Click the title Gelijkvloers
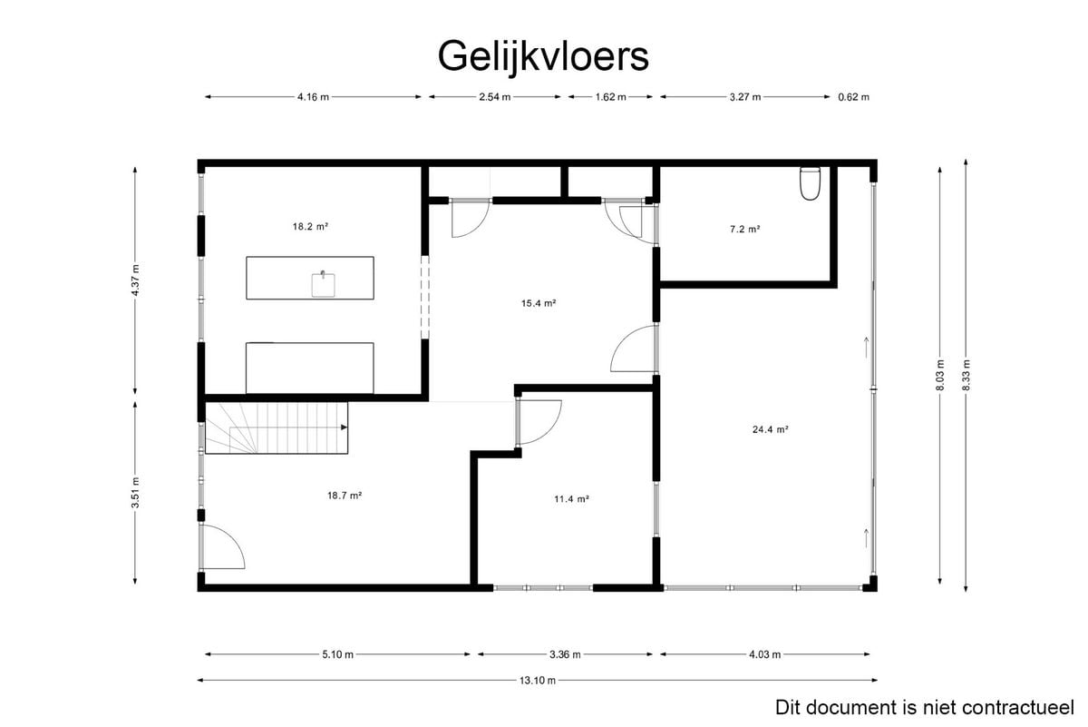[x=543, y=57]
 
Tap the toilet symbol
[x=810, y=183]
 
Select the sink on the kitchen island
[x=323, y=284]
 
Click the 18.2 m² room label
[x=310, y=227]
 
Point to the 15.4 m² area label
[x=539, y=303]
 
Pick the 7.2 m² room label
[x=744, y=229]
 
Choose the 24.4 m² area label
[x=771, y=429]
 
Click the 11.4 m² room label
[x=572, y=499]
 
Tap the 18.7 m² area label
[x=345, y=496]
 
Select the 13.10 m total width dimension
[x=537, y=681]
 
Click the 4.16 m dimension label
[x=314, y=97]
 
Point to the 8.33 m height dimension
[x=967, y=375]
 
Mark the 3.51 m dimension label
[x=135, y=493]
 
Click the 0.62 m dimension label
[x=853, y=97]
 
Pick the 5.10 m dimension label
[x=337, y=654]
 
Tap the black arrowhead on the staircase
[x=344, y=427]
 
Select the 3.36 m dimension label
[x=565, y=654]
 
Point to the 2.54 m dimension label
[x=494, y=97]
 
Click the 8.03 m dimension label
[x=940, y=375]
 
